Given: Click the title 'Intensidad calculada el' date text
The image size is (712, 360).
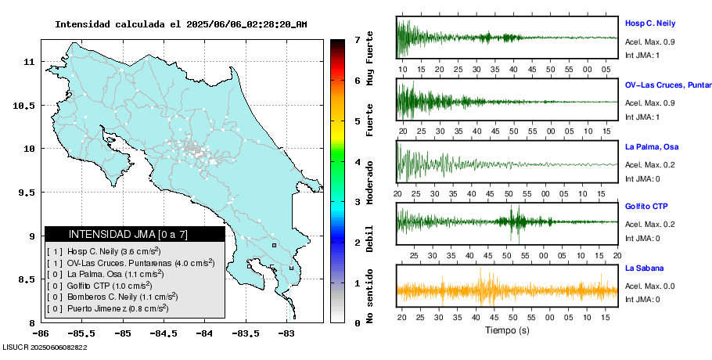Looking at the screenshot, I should coord(180,24).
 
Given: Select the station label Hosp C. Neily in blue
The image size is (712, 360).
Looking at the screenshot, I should coord(649,23).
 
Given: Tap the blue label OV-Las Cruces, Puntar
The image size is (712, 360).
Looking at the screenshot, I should coord(667,85).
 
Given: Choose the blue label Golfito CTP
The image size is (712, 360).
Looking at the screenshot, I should coord(646,207).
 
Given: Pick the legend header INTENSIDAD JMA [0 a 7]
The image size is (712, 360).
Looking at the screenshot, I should coord(135,234).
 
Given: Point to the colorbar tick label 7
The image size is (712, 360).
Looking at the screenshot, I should coord(356,39).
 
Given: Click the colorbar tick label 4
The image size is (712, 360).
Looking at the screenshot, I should coord(356,162).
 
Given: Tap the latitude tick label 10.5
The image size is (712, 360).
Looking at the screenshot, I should coord(26,106).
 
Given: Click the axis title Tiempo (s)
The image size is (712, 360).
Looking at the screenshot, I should coord(507,331).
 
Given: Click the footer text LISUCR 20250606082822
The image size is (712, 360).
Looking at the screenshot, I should coord(45,347).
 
